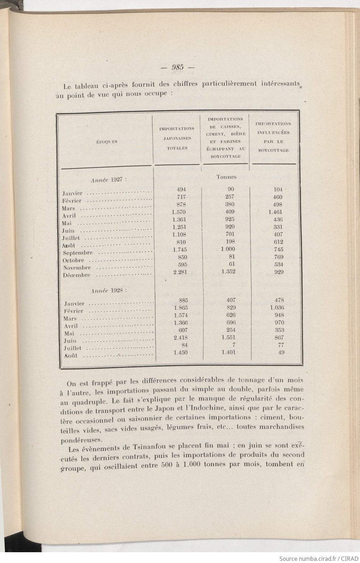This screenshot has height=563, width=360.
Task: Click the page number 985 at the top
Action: (178, 67)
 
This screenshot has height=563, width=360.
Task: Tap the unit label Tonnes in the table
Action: (226, 177)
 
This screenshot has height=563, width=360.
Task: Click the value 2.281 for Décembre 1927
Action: (179, 272)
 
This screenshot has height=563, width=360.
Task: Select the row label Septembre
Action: (77, 253)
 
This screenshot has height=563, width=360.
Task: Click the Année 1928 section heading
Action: (109, 290)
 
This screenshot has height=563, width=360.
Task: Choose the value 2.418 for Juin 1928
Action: (180, 338)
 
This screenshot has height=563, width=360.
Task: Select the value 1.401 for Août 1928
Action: (228, 352)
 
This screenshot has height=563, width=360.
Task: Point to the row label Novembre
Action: (77, 268)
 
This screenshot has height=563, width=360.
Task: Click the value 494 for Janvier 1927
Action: (181, 189)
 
